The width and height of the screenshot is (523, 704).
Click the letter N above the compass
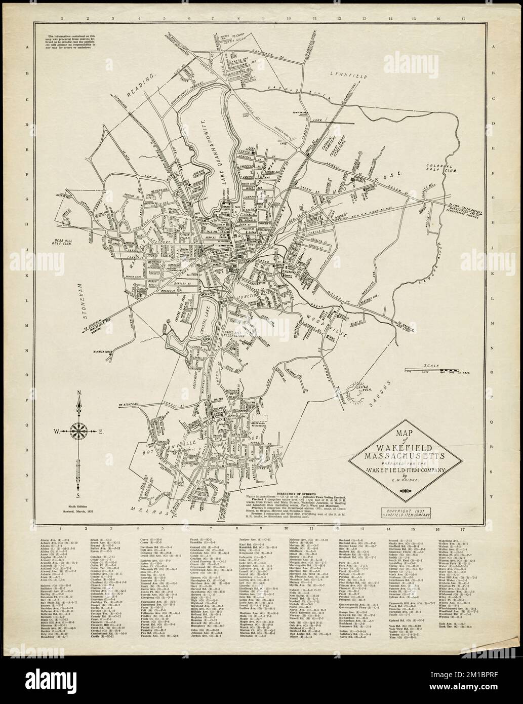(78, 393)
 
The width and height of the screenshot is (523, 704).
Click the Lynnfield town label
(350, 74)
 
